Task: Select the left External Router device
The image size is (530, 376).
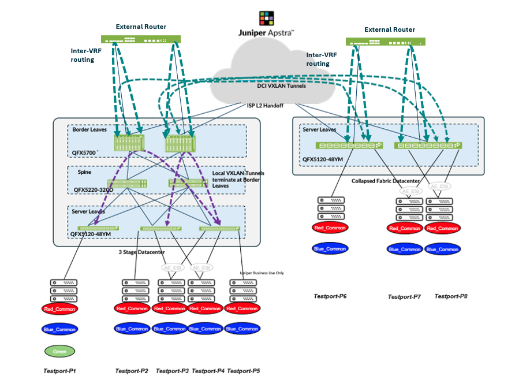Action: (141, 39)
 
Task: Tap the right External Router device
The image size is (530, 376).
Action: (386, 42)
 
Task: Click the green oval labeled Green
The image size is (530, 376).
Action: (60, 351)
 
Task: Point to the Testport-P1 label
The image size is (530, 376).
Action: (59, 371)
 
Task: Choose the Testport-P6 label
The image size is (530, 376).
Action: (330, 296)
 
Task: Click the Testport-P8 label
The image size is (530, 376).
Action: (451, 296)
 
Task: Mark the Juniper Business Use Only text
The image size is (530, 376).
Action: (262, 273)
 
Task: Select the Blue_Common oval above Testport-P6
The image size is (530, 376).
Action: (330, 249)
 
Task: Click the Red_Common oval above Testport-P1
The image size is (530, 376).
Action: (59, 309)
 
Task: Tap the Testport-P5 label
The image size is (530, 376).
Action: (244, 371)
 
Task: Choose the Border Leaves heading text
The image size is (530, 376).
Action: (89, 129)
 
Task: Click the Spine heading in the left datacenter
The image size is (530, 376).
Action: (84, 172)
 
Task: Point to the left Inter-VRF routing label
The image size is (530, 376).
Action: (82, 54)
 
